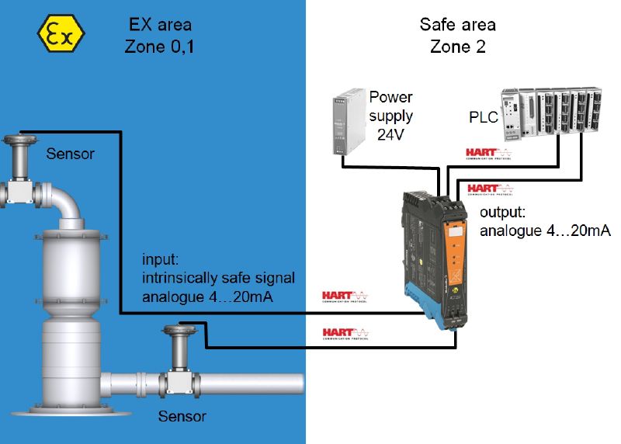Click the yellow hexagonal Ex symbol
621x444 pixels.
(x=63, y=36)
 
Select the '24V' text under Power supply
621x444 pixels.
(x=390, y=134)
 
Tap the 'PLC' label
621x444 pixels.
(x=484, y=116)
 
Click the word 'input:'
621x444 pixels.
(x=160, y=258)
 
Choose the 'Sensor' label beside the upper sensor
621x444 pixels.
(x=70, y=154)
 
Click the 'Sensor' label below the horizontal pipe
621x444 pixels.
(x=182, y=417)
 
